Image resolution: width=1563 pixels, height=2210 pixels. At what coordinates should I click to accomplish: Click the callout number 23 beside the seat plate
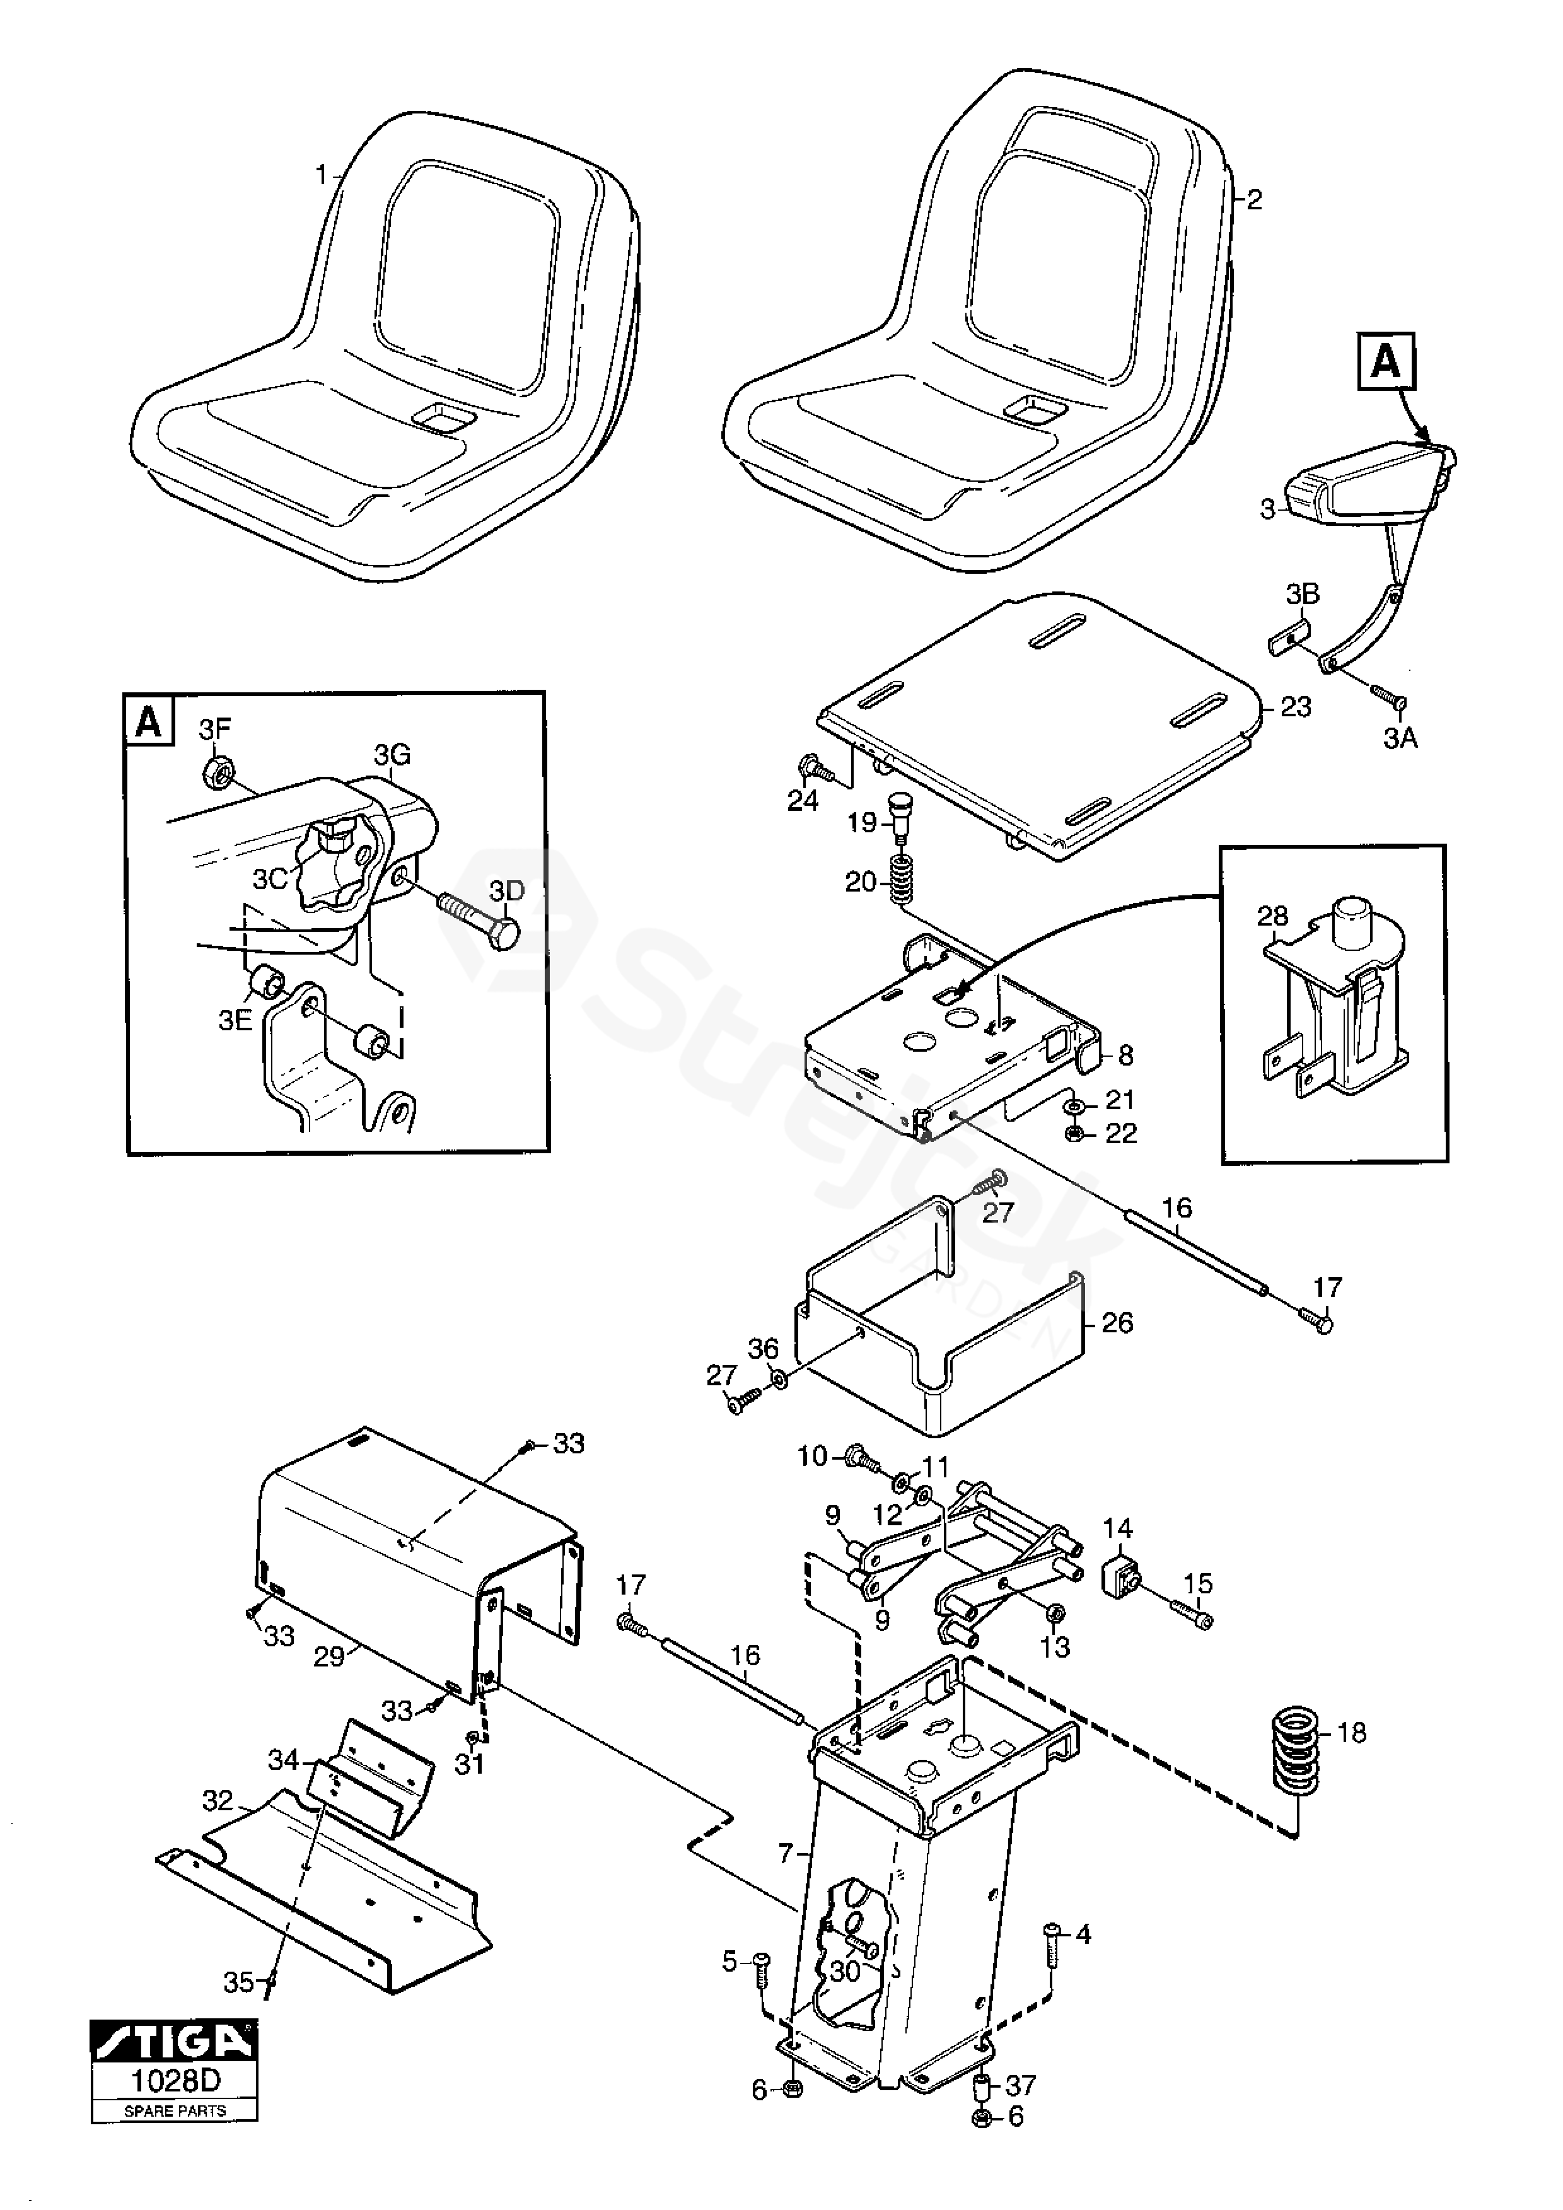(1296, 707)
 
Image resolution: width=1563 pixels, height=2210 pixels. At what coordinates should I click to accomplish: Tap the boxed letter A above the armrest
(1386, 362)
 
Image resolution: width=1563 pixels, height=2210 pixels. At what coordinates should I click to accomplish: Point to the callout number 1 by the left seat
(322, 176)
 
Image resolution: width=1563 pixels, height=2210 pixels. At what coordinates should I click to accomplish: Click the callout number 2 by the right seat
(1254, 201)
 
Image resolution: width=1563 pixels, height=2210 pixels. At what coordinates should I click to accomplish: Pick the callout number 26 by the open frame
(1117, 1323)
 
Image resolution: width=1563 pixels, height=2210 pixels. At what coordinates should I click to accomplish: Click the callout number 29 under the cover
(329, 1658)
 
